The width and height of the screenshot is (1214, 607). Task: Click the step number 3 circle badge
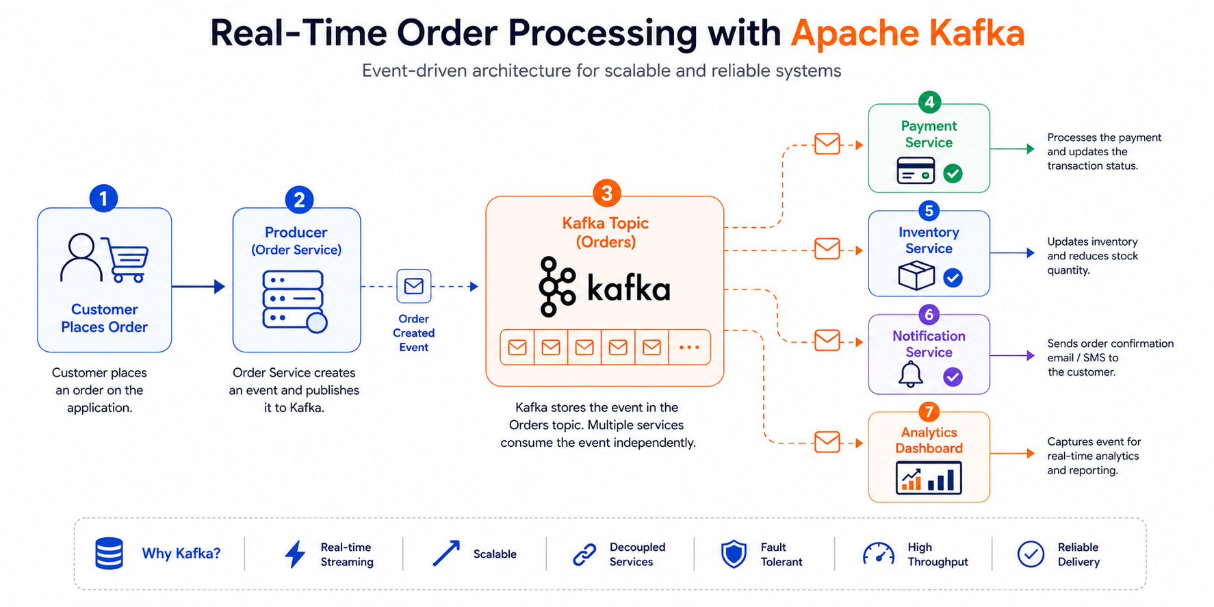[x=606, y=193]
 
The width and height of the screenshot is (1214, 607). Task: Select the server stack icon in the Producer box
[x=295, y=301]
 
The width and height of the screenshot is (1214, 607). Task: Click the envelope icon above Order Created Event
[x=414, y=286]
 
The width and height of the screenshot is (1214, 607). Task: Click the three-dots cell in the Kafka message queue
[x=689, y=348]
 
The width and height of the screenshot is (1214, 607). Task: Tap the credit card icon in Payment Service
[x=916, y=171]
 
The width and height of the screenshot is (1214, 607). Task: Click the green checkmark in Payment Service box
[x=953, y=174]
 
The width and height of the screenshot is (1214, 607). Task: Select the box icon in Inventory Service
[x=916, y=276]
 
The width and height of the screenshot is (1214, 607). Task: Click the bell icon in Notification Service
[x=911, y=375]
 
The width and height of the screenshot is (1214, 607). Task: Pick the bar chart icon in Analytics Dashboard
[x=929, y=478]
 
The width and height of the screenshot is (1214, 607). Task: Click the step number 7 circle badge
[x=929, y=412]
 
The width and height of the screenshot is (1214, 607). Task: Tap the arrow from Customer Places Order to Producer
[x=198, y=287]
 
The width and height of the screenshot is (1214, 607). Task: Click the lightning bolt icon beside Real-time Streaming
[x=295, y=554]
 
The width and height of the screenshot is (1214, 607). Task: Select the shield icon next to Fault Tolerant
[x=734, y=554]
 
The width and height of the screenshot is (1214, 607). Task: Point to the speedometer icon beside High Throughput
[x=879, y=554]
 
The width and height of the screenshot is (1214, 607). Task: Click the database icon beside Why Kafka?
[x=109, y=554]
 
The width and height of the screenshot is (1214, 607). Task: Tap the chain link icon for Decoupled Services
[x=584, y=554]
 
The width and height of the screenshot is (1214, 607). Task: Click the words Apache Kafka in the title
[x=907, y=33]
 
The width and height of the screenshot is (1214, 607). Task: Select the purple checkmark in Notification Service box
[x=953, y=377]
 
